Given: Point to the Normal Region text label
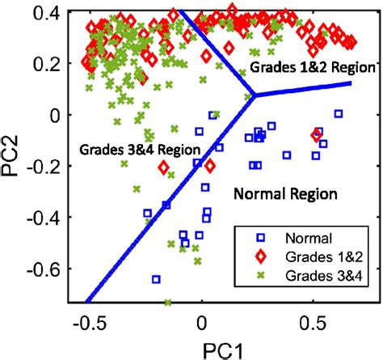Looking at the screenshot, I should [284, 194].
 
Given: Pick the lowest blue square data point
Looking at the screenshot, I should [156, 279].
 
